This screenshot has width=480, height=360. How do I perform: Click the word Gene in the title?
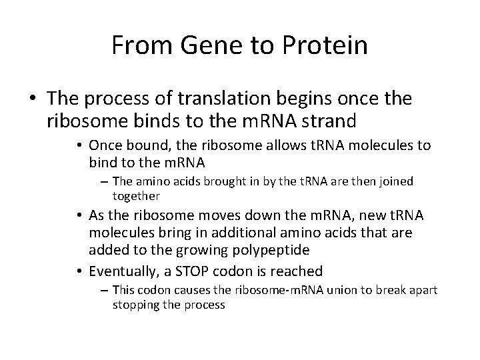click(x=197, y=45)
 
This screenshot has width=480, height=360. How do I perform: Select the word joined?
click(x=395, y=181)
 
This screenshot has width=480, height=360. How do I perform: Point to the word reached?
click(x=299, y=271)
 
